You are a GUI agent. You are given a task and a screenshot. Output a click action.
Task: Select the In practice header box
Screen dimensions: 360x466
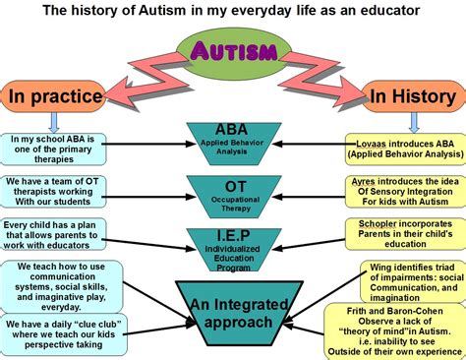(55, 97)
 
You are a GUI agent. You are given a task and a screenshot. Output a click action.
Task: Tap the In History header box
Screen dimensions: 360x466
(411, 96)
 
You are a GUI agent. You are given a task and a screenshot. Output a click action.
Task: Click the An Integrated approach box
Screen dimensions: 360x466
(233, 310)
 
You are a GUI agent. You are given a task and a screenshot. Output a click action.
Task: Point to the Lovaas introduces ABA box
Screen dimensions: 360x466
(402, 150)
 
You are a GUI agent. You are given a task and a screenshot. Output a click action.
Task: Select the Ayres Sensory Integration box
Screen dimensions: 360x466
(402, 191)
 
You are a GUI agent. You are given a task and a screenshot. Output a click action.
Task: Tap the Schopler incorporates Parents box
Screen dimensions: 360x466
(403, 232)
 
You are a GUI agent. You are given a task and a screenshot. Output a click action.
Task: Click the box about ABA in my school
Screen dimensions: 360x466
(54, 150)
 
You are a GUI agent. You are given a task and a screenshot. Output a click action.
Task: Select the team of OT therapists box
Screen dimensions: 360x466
(54, 191)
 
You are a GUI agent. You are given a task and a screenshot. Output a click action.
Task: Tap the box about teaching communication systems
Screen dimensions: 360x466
(62, 284)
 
